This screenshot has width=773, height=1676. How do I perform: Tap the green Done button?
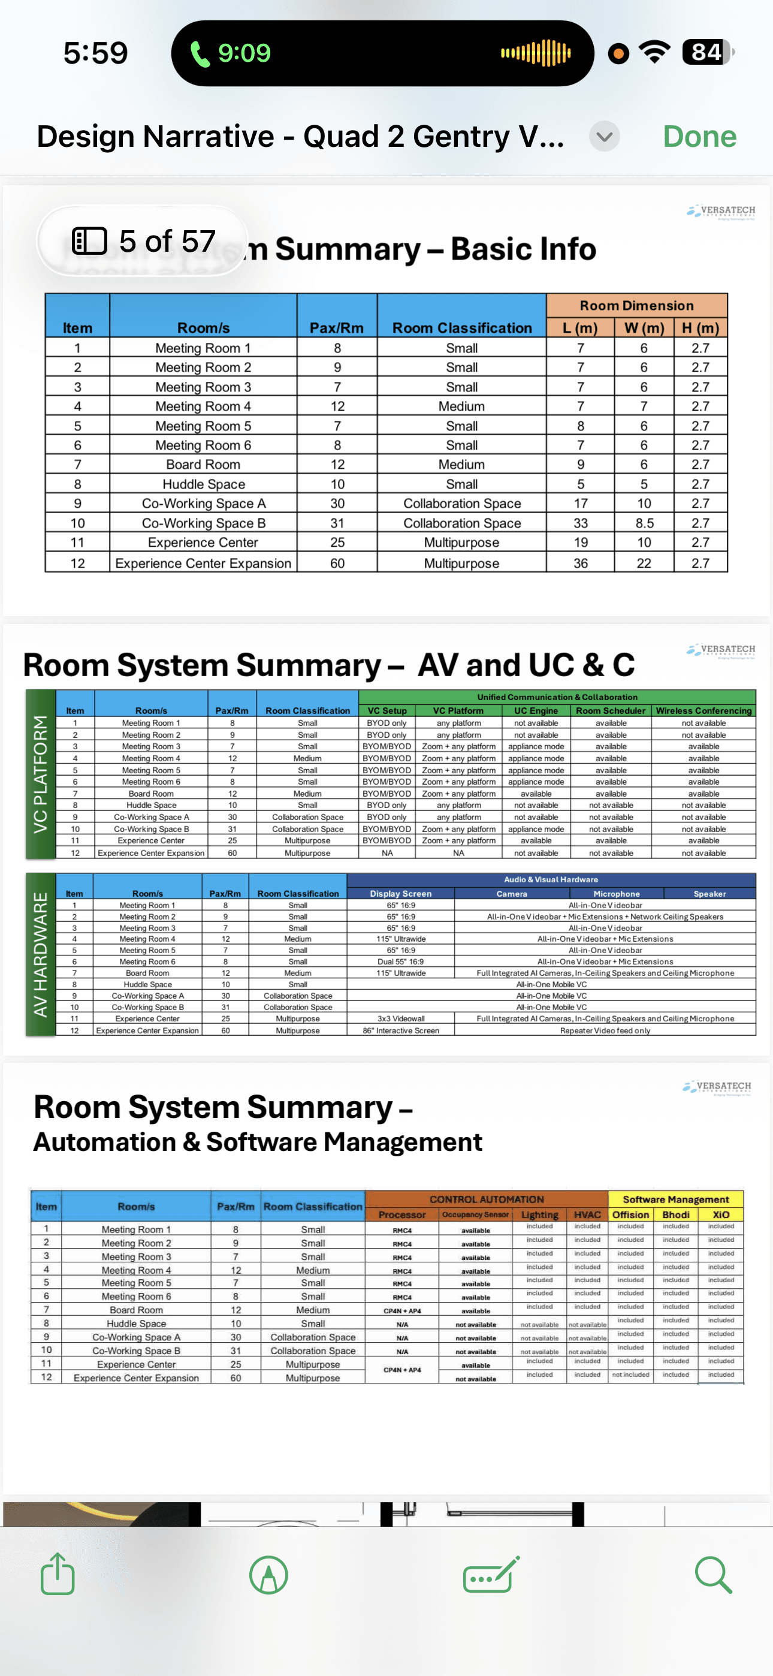699,137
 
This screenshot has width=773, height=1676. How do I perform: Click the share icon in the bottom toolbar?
58,1574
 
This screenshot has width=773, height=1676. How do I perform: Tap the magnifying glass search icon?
713,1574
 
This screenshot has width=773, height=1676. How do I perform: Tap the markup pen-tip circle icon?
268,1575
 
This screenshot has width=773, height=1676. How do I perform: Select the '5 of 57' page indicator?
143,242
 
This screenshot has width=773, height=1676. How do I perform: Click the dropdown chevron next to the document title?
604,137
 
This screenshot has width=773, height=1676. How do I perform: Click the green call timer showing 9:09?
231,53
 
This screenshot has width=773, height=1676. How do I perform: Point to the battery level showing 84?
706,52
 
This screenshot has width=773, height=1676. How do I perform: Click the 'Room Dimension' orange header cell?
636,305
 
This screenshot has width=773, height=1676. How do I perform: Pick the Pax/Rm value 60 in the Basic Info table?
337,563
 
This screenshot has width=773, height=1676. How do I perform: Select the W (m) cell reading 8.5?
644,523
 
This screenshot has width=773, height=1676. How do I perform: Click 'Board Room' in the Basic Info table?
203,465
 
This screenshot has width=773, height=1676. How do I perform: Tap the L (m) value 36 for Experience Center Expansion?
581,563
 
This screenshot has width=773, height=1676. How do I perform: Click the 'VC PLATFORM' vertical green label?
40,774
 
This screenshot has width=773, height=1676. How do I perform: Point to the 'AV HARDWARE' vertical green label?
40,954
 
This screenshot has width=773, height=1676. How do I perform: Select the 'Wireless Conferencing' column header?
703,710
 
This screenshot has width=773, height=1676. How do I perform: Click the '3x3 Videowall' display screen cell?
401,1019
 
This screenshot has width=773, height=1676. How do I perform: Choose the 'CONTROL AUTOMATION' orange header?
486,1199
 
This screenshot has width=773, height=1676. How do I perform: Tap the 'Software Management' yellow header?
675,1199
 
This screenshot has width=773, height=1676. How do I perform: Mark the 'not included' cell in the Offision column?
630,1374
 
